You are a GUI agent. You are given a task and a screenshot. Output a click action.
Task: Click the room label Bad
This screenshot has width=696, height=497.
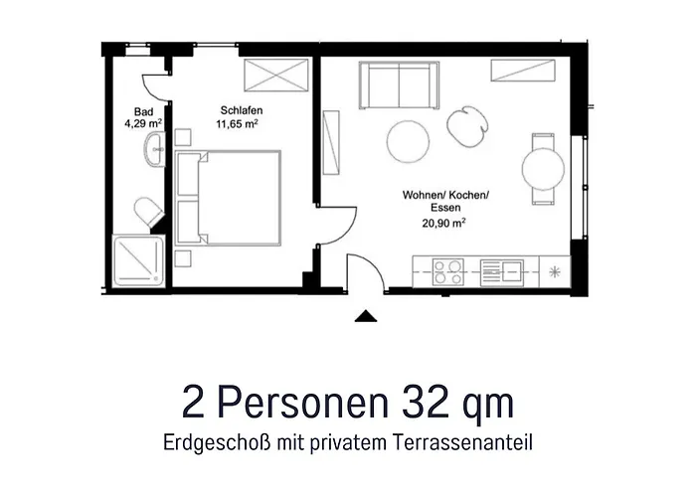pos(143,112)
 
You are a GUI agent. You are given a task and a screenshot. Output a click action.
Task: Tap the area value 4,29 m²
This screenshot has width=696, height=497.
pos(143,125)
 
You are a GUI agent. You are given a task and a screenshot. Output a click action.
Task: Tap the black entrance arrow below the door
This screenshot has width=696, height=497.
pos(366,317)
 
